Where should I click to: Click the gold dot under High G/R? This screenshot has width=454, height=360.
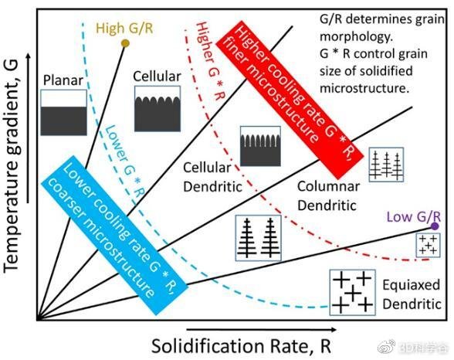(125, 43)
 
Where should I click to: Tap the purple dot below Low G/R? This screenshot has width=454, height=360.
(435, 226)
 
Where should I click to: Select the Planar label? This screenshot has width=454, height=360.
(63, 80)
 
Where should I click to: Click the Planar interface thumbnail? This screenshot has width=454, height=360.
(63, 112)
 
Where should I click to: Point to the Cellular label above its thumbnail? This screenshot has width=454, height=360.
(157, 76)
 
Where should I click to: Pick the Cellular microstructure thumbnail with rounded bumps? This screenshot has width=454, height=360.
(158, 109)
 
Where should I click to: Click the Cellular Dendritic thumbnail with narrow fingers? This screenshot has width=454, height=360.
(261, 146)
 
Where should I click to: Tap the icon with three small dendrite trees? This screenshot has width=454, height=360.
(386, 165)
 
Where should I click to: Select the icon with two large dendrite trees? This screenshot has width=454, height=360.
(258, 238)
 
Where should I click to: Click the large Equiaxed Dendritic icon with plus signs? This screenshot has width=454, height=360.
(353, 293)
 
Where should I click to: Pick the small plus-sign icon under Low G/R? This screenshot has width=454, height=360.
(429, 246)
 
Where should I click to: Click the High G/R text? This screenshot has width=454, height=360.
(124, 29)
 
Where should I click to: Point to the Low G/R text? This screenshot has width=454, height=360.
(414, 216)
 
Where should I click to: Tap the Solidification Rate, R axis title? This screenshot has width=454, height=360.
(241, 346)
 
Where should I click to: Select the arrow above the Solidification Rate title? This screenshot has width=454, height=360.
(261, 329)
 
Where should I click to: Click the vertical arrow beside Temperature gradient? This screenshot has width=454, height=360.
(29, 127)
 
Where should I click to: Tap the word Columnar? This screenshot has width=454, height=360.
(328, 186)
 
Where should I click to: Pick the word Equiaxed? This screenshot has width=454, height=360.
(411, 285)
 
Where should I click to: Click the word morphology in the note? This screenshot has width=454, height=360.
(356, 37)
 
